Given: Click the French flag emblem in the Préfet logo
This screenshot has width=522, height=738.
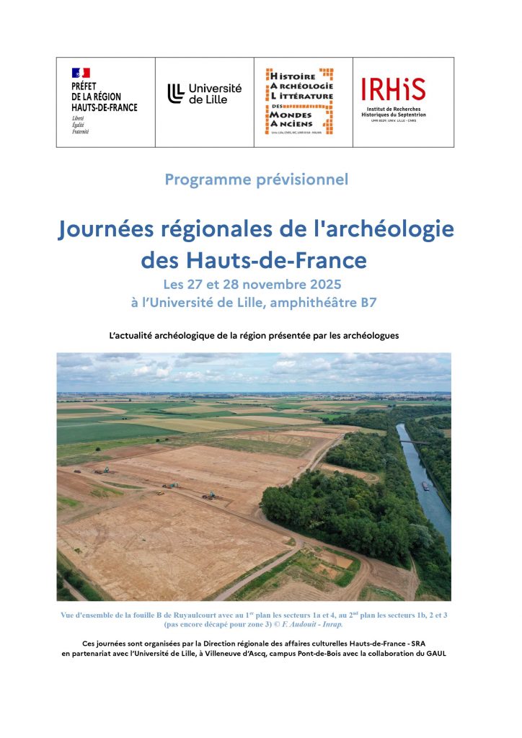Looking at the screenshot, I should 81,73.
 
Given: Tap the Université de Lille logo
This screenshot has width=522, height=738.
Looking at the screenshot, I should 205,94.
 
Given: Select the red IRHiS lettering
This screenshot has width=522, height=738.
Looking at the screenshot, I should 393,89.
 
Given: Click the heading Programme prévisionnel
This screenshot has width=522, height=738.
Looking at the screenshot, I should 256,179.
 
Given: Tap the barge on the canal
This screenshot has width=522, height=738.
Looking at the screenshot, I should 425,485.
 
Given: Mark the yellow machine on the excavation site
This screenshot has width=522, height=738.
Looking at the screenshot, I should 161,493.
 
